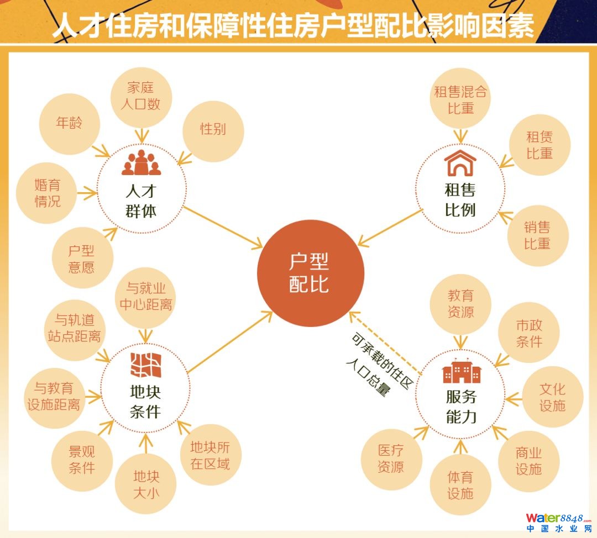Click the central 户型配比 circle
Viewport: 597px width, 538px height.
click(x=310, y=273)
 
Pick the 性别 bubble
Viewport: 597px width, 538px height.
click(x=213, y=130)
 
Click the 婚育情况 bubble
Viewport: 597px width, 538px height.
click(x=47, y=193)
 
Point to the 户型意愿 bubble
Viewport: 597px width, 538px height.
click(x=82, y=259)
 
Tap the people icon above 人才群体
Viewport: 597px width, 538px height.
click(x=141, y=163)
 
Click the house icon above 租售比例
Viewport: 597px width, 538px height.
click(x=460, y=163)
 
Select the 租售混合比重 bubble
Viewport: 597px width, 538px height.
click(x=460, y=100)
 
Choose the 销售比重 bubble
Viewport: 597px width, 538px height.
click(x=537, y=235)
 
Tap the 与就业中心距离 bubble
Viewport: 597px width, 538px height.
click(x=145, y=296)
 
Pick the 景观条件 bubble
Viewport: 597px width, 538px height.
click(x=82, y=460)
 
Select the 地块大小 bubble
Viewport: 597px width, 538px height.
click(x=146, y=484)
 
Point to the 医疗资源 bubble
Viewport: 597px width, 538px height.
click(x=391, y=459)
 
